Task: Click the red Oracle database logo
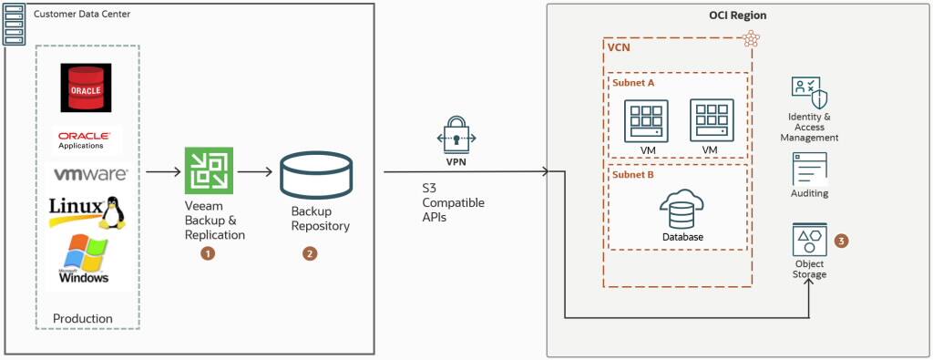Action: coord(86,87)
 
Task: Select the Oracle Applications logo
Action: coord(87,139)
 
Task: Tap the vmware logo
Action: coord(90,173)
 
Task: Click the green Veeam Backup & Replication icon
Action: coord(207,170)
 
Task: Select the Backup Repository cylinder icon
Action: coord(315,177)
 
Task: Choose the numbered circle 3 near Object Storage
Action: coord(841,242)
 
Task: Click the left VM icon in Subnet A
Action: coord(646,121)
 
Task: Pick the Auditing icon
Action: coord(808,169)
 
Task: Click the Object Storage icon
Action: coord(808,241)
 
